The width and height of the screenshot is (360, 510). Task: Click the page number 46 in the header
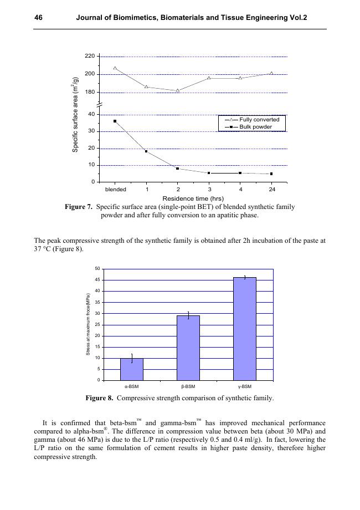(x=38, y=18)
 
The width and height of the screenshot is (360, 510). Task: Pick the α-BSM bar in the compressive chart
(x=132, y=369)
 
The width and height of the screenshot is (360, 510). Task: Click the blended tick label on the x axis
(x=116, y=190)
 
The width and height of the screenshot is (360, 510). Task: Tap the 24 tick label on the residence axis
(x=271, y=190)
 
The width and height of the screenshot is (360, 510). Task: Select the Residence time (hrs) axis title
(x=193, y=198)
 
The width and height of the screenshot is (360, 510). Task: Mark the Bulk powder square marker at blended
(x=115, y=121)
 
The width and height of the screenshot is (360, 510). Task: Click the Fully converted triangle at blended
(x=115, y=68)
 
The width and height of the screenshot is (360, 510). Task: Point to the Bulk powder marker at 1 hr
(x=146, y=151)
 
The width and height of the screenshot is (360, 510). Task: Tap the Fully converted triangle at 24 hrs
(x=271, y=73)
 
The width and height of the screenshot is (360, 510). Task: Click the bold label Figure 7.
(x=79, y=207)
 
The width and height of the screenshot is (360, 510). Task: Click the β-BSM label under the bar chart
(x=188, y=386)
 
